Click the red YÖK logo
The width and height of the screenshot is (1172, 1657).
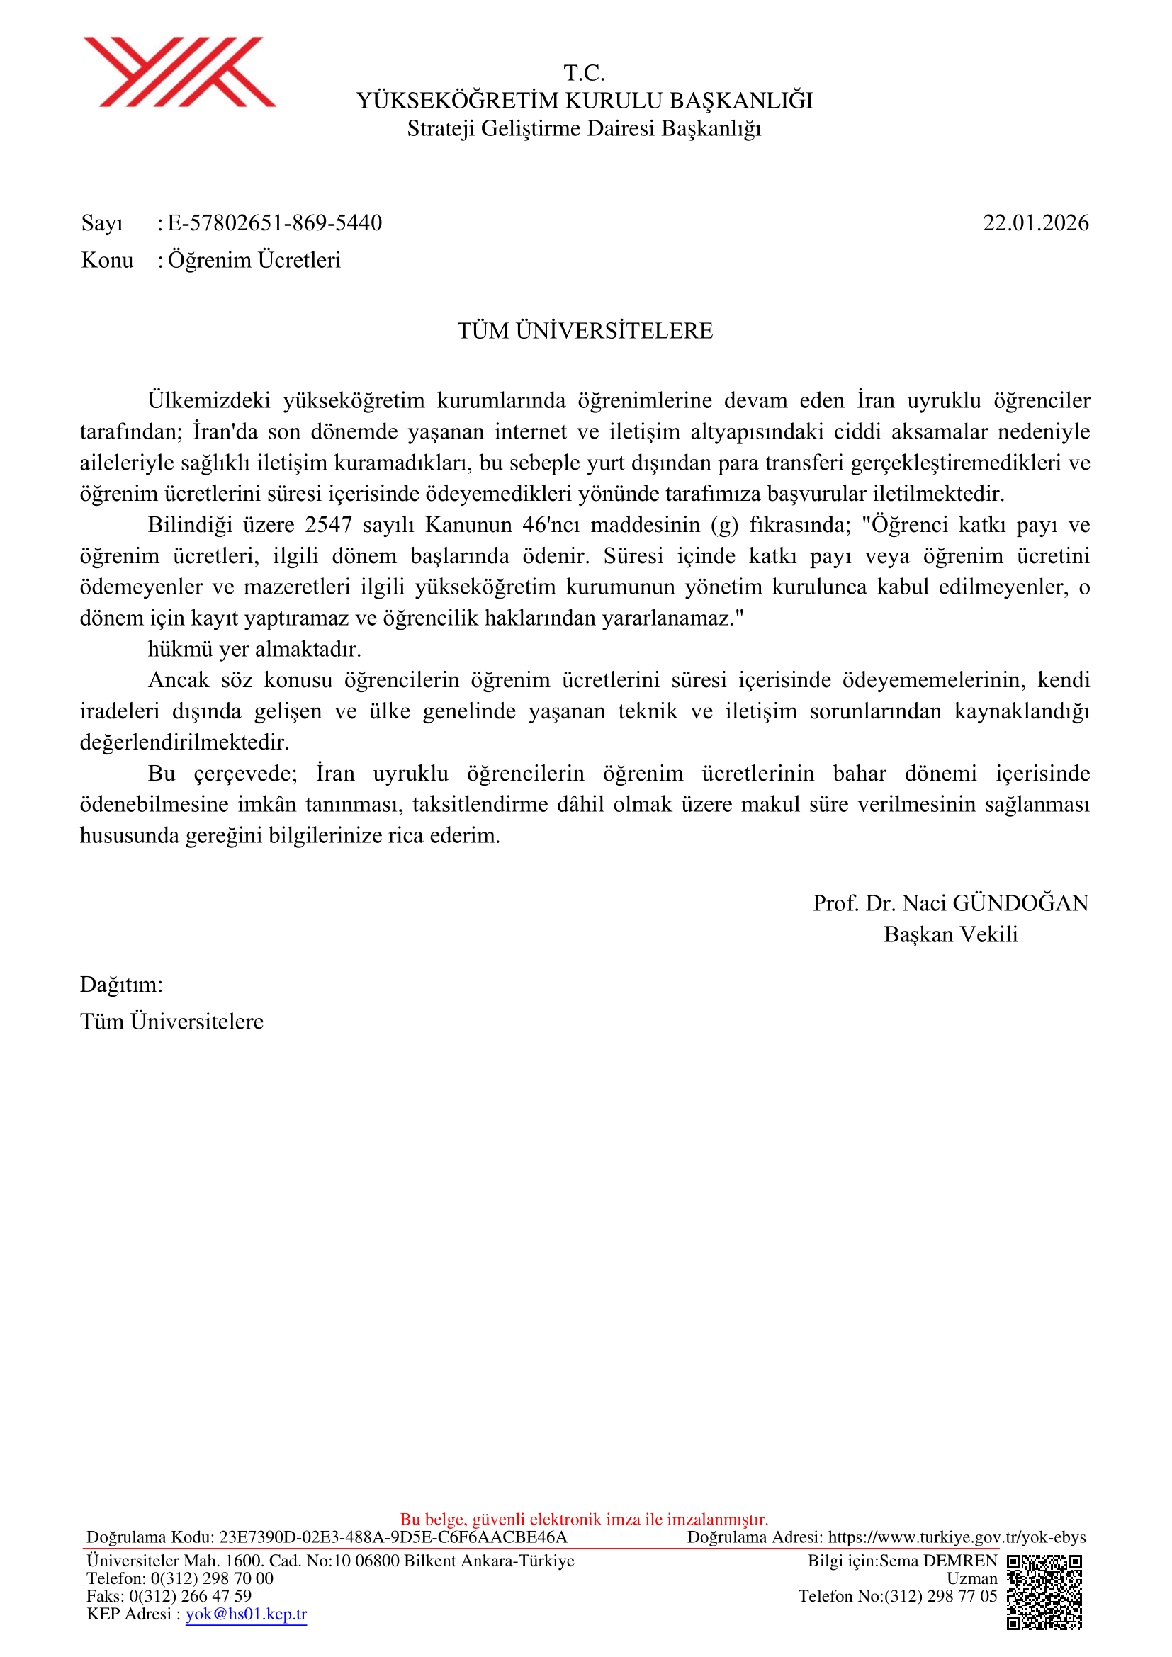tap(179, 72)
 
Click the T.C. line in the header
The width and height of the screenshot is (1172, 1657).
tap(585, 73)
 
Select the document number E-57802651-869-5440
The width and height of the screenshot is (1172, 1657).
tap(274, 223)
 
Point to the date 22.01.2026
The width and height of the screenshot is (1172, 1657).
tap(1036, 223)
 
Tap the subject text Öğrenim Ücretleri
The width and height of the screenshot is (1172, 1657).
tap(254, 260)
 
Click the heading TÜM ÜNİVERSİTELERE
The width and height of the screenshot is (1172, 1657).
tap(585, 331)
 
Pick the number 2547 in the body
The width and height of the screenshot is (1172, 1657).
tap(328, 525)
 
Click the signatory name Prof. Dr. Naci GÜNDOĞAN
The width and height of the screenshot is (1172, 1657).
tap(950, 903)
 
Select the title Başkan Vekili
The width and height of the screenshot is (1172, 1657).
tap(950, 934)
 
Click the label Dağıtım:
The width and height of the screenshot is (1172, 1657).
tap(121, 985)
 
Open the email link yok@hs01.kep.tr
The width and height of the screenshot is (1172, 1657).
tap(246, 1614)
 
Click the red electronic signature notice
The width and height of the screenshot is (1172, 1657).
tap(585, 1519)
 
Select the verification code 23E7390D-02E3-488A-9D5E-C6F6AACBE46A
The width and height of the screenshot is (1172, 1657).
tap(393, 1537)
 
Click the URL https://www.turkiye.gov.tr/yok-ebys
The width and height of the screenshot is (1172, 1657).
tap(957, 1537)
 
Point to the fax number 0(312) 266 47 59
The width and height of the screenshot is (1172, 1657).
tap(191, 1595)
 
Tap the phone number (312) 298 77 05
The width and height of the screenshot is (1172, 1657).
tap(940, 1595)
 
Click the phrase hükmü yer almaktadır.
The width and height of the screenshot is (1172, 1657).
tap(254, 649)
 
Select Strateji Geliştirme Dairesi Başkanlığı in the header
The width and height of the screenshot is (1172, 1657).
tap(585, 128)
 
